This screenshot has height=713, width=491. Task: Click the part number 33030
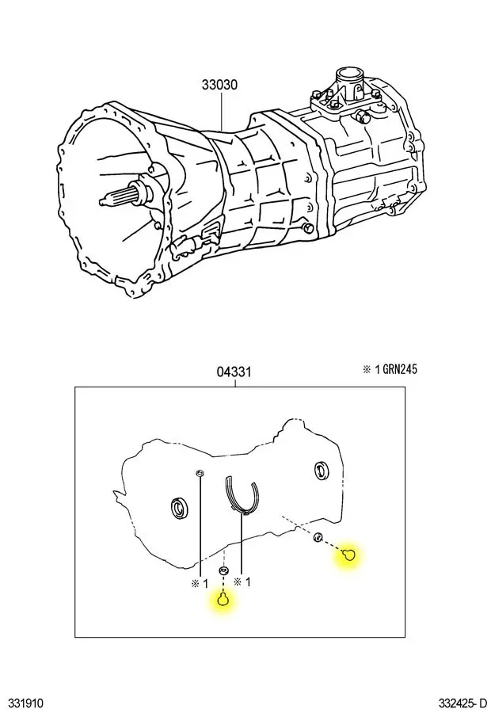[219, 85]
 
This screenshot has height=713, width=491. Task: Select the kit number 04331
[234, 372]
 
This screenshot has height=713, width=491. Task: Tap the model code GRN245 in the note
[400, 368]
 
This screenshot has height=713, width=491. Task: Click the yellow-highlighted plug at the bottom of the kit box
[223, 600]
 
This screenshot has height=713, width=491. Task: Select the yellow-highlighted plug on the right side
[348, 555]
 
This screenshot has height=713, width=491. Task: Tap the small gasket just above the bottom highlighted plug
[223, 570]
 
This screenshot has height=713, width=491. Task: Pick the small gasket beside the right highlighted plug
[318, 537]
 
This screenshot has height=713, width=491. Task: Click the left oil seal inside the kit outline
[177, 508]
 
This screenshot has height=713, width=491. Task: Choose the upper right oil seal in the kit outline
[322, 471]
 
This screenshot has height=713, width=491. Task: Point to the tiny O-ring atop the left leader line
[199, 474]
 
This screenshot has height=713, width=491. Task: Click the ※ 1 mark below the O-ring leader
[200, 583]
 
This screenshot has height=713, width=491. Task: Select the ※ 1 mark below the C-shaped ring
[242, 581]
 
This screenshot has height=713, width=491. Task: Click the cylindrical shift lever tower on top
[349, 85]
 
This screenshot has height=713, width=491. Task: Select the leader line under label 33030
[222, 112]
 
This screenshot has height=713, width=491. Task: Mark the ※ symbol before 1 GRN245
[367, 369]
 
